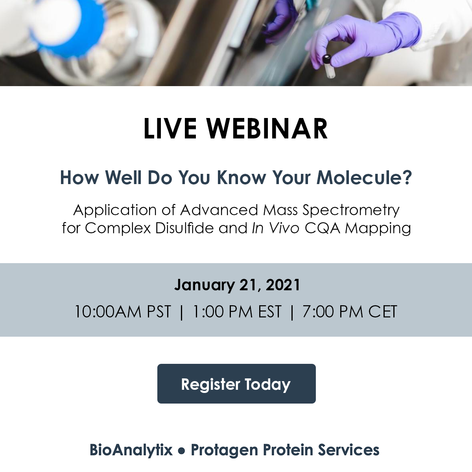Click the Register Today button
point(236,383)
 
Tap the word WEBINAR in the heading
point(267,129)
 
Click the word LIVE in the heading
point(170,129)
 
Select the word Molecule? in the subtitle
point(365,177)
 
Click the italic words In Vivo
point(276,228)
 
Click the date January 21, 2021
point(237,285)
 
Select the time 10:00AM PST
point(123,312)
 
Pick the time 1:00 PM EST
point(237,312)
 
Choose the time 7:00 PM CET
point(350,312)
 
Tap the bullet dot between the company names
point(181,451)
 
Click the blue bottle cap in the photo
point(74,28)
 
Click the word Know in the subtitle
point(241,177)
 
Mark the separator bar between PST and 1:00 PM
point(181,312)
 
